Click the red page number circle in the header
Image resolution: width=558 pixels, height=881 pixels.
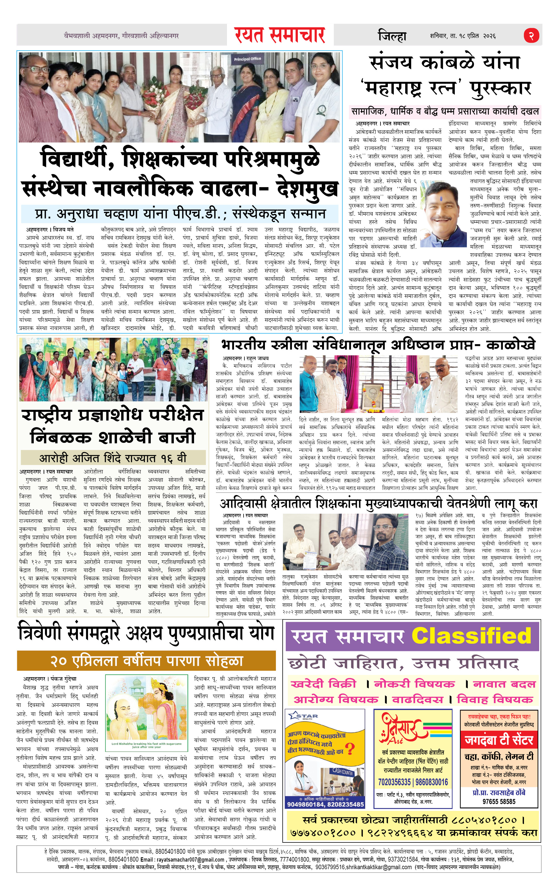(531, 35)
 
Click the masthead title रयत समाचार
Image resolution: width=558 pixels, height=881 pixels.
(280, 35)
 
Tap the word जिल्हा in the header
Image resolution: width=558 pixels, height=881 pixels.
(392, 36)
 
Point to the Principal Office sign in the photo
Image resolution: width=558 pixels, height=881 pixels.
(247, 59)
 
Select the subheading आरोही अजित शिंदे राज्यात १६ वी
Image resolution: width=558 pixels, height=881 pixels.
(113, 458)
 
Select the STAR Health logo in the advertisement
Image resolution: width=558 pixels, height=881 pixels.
(303, 715)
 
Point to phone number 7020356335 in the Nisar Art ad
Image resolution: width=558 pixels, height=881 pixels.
(394, 782)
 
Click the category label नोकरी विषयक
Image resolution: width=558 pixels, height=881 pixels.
(414, 684)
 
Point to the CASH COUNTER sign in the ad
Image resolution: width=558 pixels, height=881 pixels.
(343, 771)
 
